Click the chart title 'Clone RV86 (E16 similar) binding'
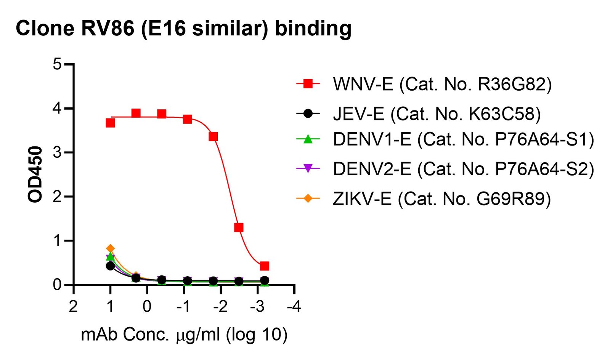(x=183, y=29)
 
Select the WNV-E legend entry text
(x=442, y=84)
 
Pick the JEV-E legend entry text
(x=437, y=114)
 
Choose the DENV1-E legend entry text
(x=463, y=139)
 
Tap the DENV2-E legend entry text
(x=463, y=169)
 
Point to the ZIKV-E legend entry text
(x=441, y=199)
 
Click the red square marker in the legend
(x=308, y=84)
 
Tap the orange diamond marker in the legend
(x=308, y=198)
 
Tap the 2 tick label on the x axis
(x=73, y=306)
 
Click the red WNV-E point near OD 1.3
(x=239, y=228)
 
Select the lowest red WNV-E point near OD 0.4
(x=265, y=266)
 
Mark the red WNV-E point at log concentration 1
(x=111, y=123)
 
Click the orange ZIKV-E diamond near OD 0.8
(x=111, y=248)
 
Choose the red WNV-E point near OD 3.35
(x=213, y=136)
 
